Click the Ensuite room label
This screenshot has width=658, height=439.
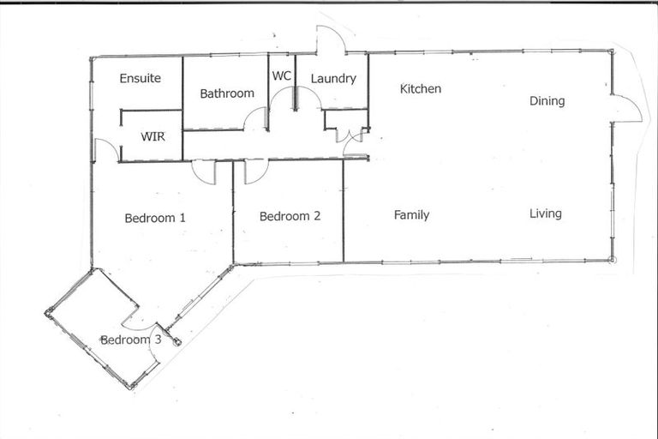click(141, 78)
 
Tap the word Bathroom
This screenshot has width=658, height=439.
click(227, 93)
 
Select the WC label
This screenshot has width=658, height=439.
click(282, 76)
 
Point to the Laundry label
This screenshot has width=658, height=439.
click(333, 79)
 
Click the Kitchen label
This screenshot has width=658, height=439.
click(421, 89)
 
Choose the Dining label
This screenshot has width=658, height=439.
click(547, 101)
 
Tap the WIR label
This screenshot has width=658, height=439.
click(153, 136)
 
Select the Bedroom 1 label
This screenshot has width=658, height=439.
click(155, 218)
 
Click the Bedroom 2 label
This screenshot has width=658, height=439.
click(290, 216)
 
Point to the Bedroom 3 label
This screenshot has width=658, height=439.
click(130, 340)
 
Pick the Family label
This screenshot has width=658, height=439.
click(411, 215)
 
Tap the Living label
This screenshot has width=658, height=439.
click(546, 213)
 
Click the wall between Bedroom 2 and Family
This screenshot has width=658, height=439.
click(344, 211)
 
